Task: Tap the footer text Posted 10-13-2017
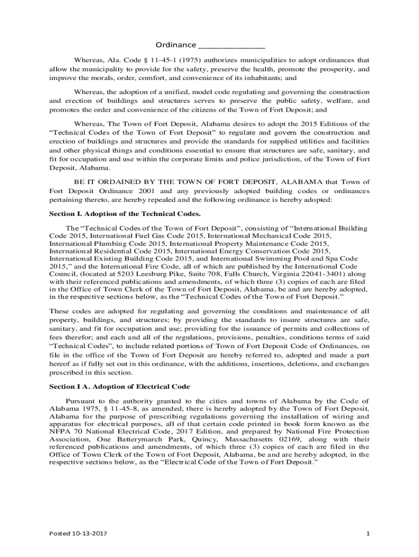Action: tap(78, 534)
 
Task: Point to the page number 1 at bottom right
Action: tap(368, 534)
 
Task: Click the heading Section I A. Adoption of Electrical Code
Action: tap(120, 386)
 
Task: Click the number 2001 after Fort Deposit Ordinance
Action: tap(149, 191)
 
